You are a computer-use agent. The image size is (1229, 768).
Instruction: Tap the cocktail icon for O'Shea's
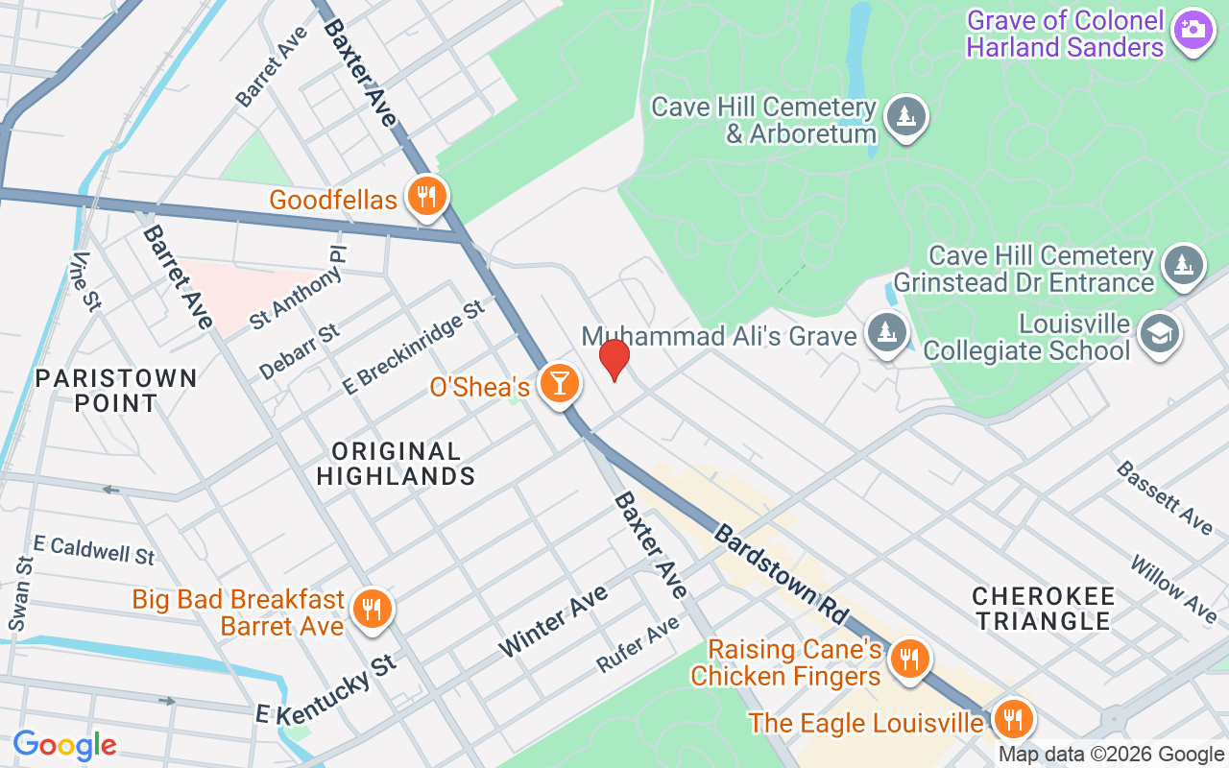coord(559,383)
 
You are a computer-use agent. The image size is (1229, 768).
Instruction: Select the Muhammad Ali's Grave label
coord(719,336)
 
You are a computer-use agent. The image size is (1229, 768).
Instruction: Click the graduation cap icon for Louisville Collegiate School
coord(1160,335)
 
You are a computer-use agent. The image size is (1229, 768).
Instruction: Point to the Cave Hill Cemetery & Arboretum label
coord(762,119)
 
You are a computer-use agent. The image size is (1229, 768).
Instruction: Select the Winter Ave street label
coord(553,620)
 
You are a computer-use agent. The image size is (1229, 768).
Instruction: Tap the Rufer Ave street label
coord(638,643)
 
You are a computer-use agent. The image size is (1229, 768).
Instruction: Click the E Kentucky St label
coord(325,688)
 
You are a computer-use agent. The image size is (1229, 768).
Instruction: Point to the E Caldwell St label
coord(93,549)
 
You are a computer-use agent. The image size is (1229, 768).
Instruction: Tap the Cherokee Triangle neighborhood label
coord(1043,608)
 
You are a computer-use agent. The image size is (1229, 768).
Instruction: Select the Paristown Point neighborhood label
coord(116,390)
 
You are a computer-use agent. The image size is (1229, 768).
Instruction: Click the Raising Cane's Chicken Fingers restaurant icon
coord(907,659)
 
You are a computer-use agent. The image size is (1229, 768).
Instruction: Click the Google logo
coord(64,744)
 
